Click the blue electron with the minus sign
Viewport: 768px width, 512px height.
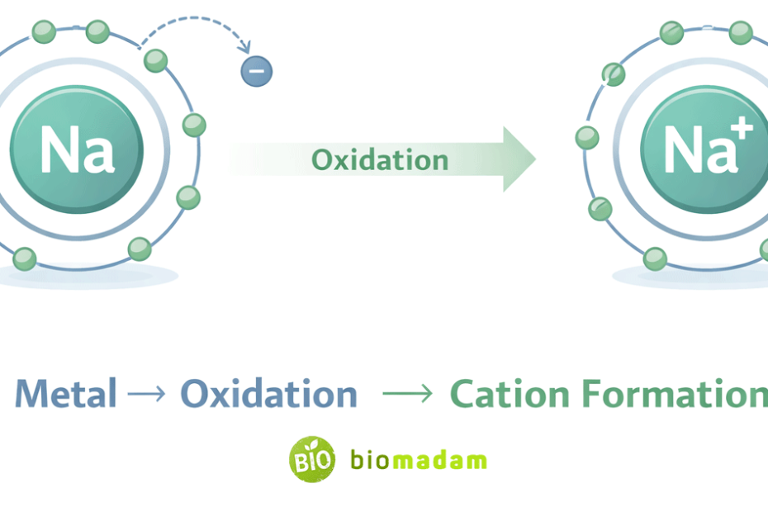(256, 70)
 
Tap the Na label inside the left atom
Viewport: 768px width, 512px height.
(76, 150)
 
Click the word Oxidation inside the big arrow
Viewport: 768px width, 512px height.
(380, 159)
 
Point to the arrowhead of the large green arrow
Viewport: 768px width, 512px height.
(519, 159)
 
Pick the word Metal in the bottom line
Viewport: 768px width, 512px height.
(66, 394)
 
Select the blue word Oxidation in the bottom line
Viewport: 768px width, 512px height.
(268, 394)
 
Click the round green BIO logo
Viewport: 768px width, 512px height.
(312, 459)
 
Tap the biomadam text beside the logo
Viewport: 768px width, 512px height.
(418, 460)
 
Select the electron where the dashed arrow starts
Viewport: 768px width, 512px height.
(155, 60)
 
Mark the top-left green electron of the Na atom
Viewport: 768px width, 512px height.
(44, 32)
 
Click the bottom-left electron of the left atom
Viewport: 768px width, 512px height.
(24, 258)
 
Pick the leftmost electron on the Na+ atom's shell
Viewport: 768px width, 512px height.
(587, 137)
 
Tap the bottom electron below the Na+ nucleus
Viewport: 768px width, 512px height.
(655, 258)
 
